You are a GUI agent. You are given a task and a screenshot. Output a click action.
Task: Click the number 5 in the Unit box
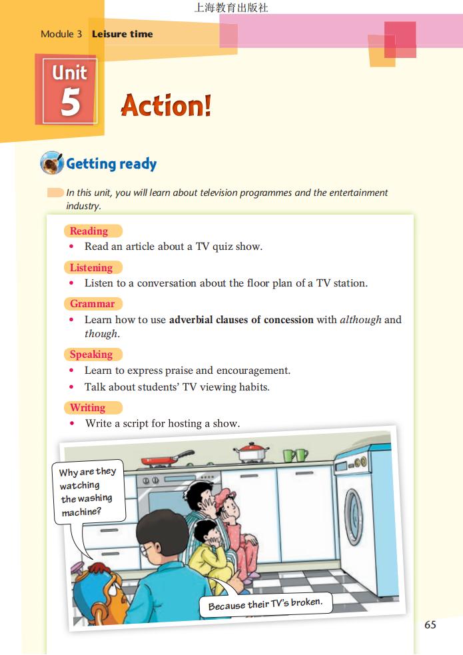[x=70, y=103]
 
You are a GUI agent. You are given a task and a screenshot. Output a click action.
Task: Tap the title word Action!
[x=166, y=105]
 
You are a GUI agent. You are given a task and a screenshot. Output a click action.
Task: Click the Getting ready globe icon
[x=52, y=163]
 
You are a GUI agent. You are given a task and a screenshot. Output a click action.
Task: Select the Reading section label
[x=89, y=231]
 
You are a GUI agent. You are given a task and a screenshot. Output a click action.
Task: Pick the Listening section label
[x=91, y=267]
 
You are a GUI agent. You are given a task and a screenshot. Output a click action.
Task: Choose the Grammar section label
[x=92, y=304]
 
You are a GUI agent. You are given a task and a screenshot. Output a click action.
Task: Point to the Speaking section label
[x=91, y=354]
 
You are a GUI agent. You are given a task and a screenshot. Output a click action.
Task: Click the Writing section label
[x=88, y=407]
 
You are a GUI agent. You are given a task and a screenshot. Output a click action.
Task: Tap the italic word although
[x=360, y=320]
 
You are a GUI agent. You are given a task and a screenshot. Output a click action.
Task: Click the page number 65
[x=430, y=624]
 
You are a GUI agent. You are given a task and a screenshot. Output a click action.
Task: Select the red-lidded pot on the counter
[x=251, y=452]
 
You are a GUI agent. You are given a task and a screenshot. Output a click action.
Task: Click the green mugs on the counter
[x=296, y=455]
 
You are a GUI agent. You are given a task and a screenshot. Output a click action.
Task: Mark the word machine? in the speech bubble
[x=81, y=512]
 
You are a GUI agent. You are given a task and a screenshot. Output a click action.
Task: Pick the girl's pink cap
[x=225, y=495]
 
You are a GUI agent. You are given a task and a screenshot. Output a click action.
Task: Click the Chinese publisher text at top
[x=231, y=7]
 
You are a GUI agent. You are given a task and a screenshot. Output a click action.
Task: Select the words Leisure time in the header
[x=123, y=34]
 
